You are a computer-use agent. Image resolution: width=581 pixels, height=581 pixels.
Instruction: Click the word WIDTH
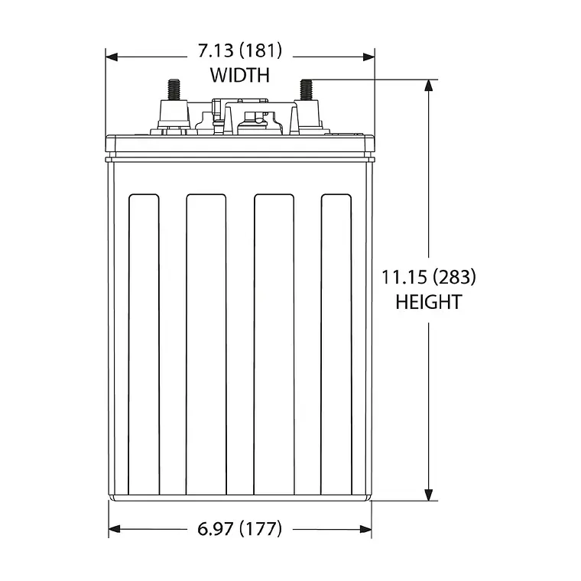[x=239, y=75]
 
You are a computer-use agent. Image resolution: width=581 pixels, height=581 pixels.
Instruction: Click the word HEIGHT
[x=428, y=302]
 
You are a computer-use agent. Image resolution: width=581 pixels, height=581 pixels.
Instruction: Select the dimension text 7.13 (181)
[x=239, y=51]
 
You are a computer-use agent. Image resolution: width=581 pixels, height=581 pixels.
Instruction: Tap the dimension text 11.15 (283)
[x=428, y=277]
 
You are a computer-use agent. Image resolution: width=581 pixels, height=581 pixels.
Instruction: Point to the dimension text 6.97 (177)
[x=239, y=528]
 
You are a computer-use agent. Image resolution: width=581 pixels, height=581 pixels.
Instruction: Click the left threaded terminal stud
[x=173, y=90]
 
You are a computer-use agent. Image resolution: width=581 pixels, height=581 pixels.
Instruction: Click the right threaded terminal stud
[x=307, y=90]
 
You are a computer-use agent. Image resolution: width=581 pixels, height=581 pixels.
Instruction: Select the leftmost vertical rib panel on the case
[x=144, y=344]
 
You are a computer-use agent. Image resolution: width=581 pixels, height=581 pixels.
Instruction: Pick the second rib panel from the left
[x=206, y=344]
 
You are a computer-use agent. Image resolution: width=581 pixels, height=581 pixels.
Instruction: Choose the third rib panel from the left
[x=274, y=344]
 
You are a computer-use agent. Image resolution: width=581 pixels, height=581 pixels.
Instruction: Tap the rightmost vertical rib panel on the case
[x=336, y=344]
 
